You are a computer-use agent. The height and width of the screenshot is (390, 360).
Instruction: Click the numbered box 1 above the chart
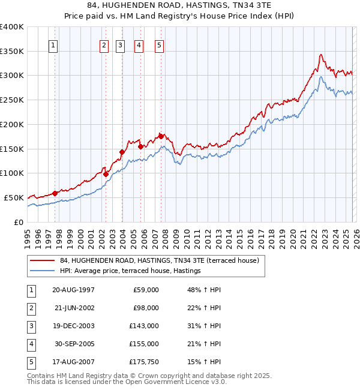[x=54, y=45]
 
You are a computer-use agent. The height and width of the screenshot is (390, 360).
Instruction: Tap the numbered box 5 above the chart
[x=160, y=45]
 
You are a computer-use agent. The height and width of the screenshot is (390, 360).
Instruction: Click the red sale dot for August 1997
[x=55, y=193]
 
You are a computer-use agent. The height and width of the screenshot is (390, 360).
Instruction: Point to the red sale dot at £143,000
[x=122, y=152]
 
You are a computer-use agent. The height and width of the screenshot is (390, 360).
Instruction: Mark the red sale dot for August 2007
[x=161, y=136]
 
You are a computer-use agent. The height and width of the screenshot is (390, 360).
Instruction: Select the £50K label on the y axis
[x=14, y=197]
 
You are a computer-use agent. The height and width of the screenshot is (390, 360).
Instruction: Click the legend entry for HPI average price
[x=130, y=271]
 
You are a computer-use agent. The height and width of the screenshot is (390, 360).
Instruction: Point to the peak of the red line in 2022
[x=321, y=55]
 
